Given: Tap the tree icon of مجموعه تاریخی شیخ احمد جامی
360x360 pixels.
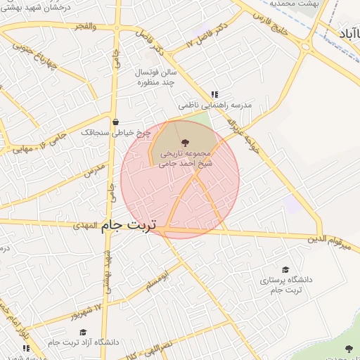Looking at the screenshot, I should point(185,143).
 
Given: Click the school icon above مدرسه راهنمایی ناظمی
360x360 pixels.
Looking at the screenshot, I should point(214,94).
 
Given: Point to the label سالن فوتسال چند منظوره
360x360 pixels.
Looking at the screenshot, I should point(157,77).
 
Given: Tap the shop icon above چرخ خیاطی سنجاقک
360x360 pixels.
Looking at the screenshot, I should point(115,122).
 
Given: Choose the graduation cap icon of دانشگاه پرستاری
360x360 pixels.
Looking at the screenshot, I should point(285,269).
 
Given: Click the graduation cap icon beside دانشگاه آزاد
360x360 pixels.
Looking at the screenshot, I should point(82,332).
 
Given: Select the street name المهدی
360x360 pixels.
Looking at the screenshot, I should point(88,226).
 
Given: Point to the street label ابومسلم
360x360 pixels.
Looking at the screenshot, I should point(157,282).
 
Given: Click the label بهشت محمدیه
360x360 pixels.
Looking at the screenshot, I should point(296,4).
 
